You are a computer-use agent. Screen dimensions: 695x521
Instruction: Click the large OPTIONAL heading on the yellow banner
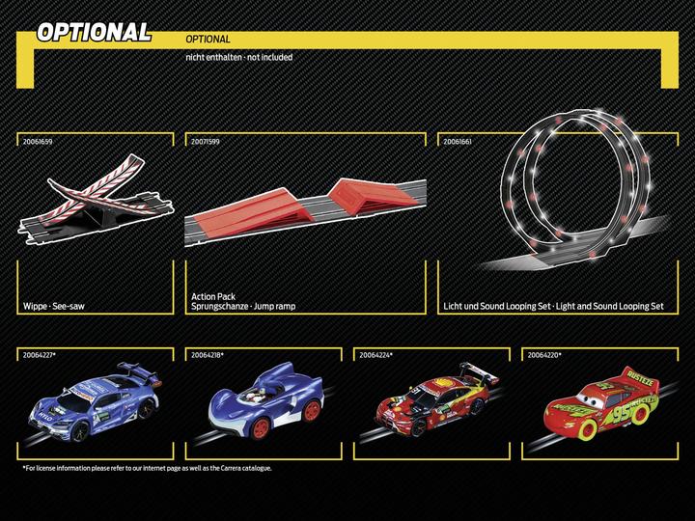pyautogui.click(x=94, y=32)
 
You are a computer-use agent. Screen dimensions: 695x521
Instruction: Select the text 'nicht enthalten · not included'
pyautogui.click(x=238, y=57)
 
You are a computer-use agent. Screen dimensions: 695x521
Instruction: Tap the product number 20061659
pyautogui.click(x=38, y=141)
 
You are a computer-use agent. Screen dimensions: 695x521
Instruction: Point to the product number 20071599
pyautogui.click(x=206, y=141)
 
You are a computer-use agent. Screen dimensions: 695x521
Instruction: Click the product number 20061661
pyautogui.click(x=458, y=141)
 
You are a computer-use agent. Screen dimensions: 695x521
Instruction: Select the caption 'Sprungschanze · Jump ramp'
pyautogui.click(x=243, y=306)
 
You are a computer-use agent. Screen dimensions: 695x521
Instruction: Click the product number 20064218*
pyautogui.click(x=208, y=355)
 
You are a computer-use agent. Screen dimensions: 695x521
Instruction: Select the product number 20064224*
pyautogui.click(x=375, y=355)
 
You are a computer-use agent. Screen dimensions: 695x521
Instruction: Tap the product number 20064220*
pyautogui.click(x=543, y=355)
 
